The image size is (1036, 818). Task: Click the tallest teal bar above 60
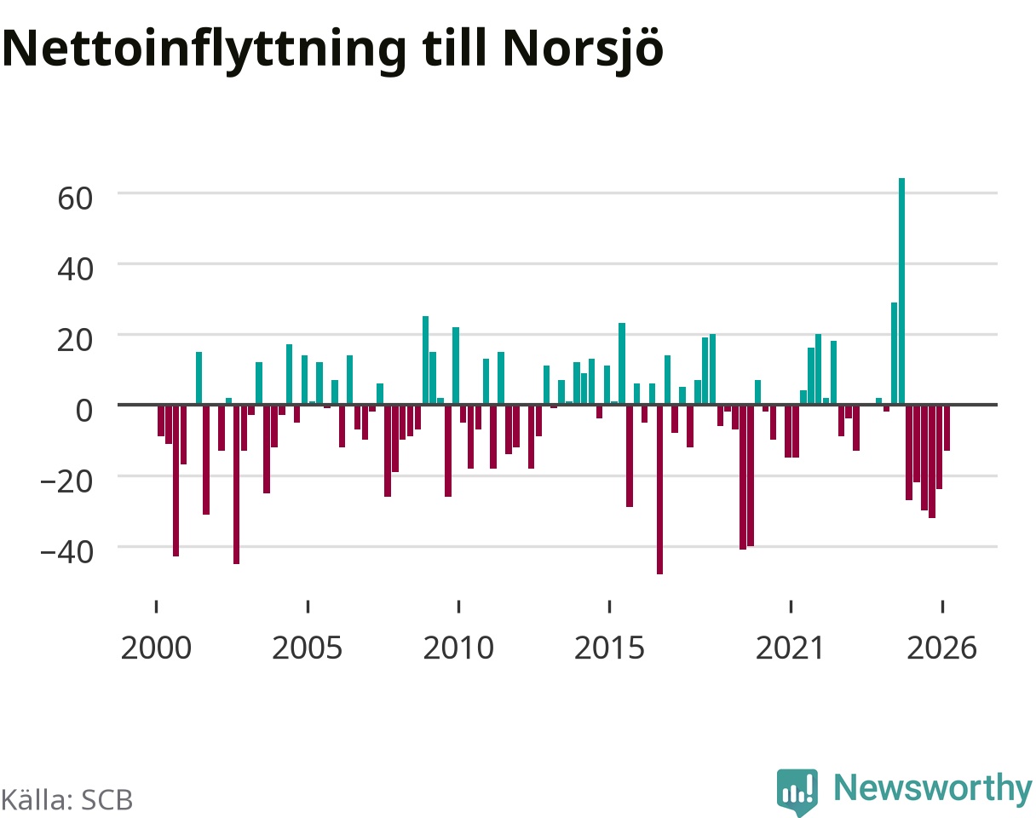901,291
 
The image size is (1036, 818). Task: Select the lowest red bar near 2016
659,490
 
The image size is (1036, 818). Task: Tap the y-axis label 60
75,199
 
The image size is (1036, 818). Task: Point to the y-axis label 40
75,269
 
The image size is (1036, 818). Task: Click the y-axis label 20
75,340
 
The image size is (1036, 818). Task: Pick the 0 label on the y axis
84,411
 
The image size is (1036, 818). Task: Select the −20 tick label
67,481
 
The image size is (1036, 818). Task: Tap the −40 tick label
67,552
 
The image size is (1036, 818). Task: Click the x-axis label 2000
156,648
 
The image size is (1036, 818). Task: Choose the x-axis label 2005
308,648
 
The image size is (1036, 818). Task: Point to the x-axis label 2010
458,648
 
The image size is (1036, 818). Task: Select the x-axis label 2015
609,648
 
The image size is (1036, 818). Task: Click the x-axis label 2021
791,648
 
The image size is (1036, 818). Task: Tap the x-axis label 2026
942,648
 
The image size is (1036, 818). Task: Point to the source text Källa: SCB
66,800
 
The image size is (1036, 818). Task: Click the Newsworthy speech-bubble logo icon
797,792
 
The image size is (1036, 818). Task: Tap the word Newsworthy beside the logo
933,788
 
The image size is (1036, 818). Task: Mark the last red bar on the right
947,428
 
